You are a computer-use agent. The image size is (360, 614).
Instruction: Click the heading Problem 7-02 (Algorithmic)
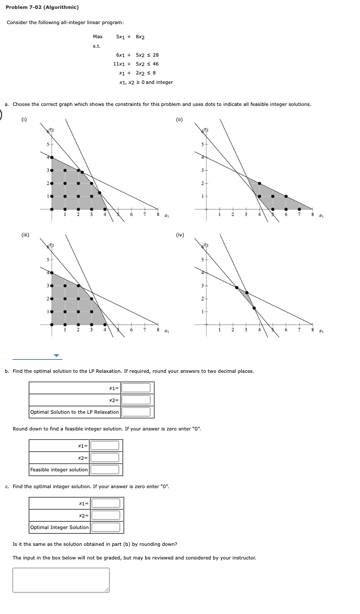coord(42,7)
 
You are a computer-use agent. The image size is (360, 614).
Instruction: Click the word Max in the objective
coord(97,37)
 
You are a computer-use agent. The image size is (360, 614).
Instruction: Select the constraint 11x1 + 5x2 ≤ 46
coord(136,64)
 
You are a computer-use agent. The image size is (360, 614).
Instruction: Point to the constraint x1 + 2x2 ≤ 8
coord(137,73)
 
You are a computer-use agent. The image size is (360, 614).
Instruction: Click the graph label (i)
coord(24,120)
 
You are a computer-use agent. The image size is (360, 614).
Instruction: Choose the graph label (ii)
coord(179,120)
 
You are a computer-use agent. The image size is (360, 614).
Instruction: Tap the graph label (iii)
coord(25,234)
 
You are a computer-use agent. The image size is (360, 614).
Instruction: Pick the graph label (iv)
coord(180,234)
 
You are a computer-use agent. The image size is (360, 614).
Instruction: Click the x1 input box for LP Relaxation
coord(136,388)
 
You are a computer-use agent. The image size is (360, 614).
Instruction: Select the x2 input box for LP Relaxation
coord(136,400)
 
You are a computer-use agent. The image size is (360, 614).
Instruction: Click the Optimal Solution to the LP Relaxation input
coord(136,412)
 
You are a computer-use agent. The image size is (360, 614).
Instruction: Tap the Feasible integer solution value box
coord(105,470)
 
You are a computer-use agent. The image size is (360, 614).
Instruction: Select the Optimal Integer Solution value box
coord(106,527)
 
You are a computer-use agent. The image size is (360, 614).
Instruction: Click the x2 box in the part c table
coord(106,515)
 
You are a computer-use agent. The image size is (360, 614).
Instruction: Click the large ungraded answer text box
coord(61,580)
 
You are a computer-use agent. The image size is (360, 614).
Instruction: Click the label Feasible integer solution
coord(59,470)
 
